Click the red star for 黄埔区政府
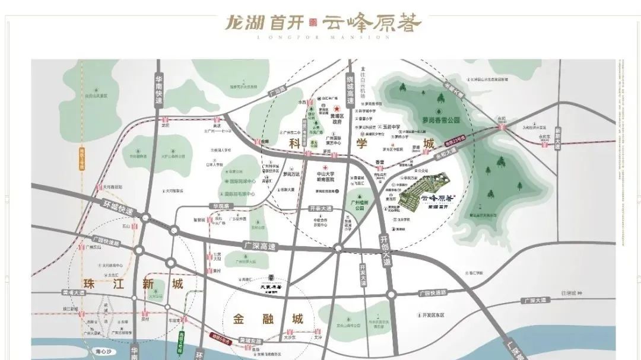[337, 109]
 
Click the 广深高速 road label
[259, 244]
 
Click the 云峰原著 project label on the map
[437, 200]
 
